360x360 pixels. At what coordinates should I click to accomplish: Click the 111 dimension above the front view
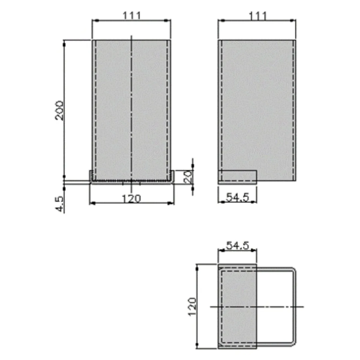(131, 16)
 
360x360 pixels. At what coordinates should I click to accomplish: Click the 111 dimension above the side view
(258, 16)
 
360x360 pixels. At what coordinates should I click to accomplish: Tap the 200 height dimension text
(59, 111)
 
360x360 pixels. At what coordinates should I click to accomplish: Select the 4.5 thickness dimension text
(60, 204)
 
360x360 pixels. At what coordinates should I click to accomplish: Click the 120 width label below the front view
(131, 199)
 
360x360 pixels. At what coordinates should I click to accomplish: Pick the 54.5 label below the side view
(237, 197)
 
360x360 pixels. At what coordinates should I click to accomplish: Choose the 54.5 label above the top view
(237, 246)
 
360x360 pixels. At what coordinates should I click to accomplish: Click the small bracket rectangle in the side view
(237, 177)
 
